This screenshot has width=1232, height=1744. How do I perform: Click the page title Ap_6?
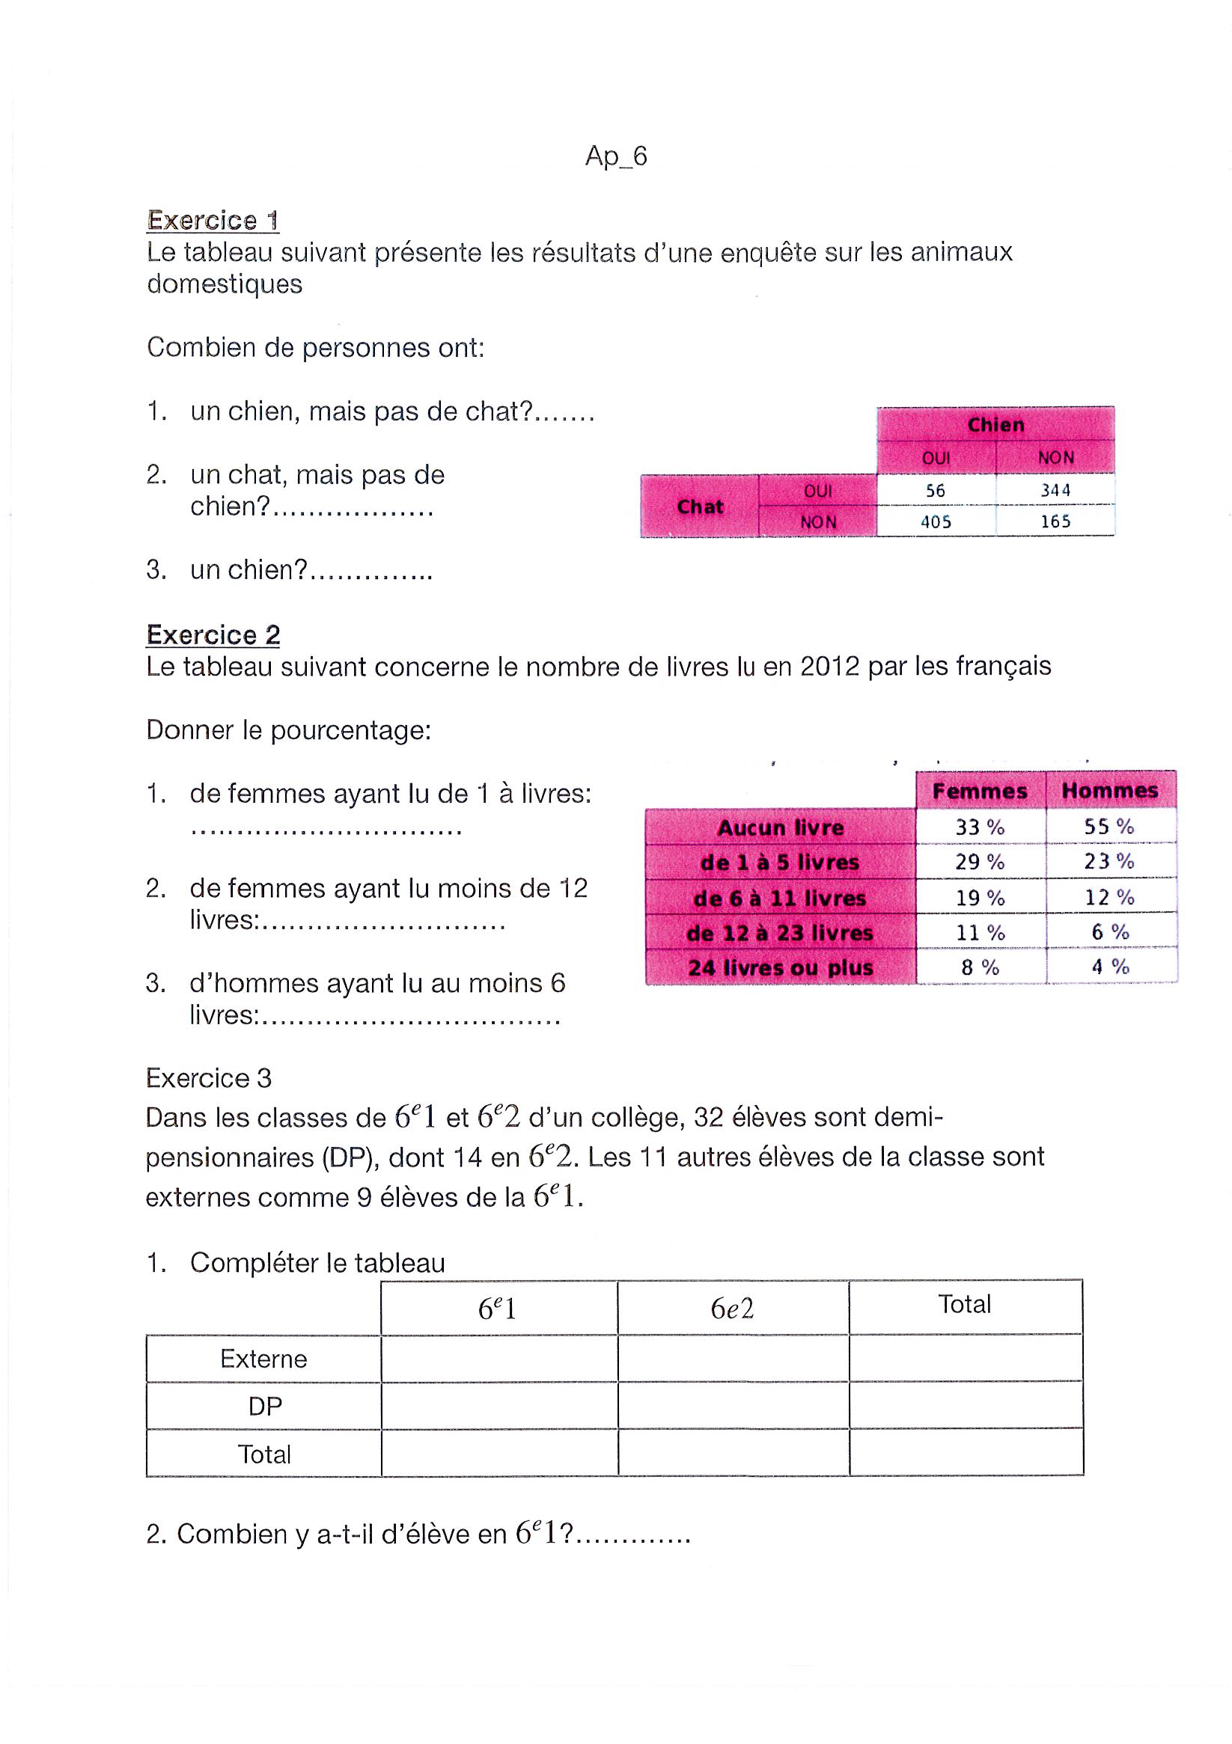click(615, 156)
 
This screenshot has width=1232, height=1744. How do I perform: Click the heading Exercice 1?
click(213, 220)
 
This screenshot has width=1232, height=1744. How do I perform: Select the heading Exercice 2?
click(213, 634)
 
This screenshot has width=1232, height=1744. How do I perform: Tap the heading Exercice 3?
click(208, 1078)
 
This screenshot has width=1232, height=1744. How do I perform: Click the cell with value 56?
click(935, 491)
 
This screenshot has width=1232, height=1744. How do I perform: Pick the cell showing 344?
click(1055, 491)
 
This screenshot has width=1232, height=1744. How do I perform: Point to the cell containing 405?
click(935, 521)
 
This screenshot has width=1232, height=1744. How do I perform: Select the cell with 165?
click(1055, 521)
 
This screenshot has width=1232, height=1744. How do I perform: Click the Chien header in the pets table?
click(995, 425)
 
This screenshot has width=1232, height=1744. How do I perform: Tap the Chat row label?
click(699, 507)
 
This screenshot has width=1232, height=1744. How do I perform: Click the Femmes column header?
click(980, 791)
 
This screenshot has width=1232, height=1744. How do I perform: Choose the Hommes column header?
click(1110, 791)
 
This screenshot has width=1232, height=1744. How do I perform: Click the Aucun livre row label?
click(780, 827)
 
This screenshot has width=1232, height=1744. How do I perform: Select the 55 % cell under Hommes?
click(1109, 827)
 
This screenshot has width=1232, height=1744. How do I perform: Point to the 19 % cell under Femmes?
click(980, 898)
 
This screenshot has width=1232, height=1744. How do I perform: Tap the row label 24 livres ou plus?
click(780, 967)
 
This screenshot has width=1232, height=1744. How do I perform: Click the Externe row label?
click(263, 1359)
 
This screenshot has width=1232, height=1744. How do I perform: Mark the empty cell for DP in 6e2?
click(733, 1406)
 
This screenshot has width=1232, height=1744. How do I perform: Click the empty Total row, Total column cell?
click(966, 1453)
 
